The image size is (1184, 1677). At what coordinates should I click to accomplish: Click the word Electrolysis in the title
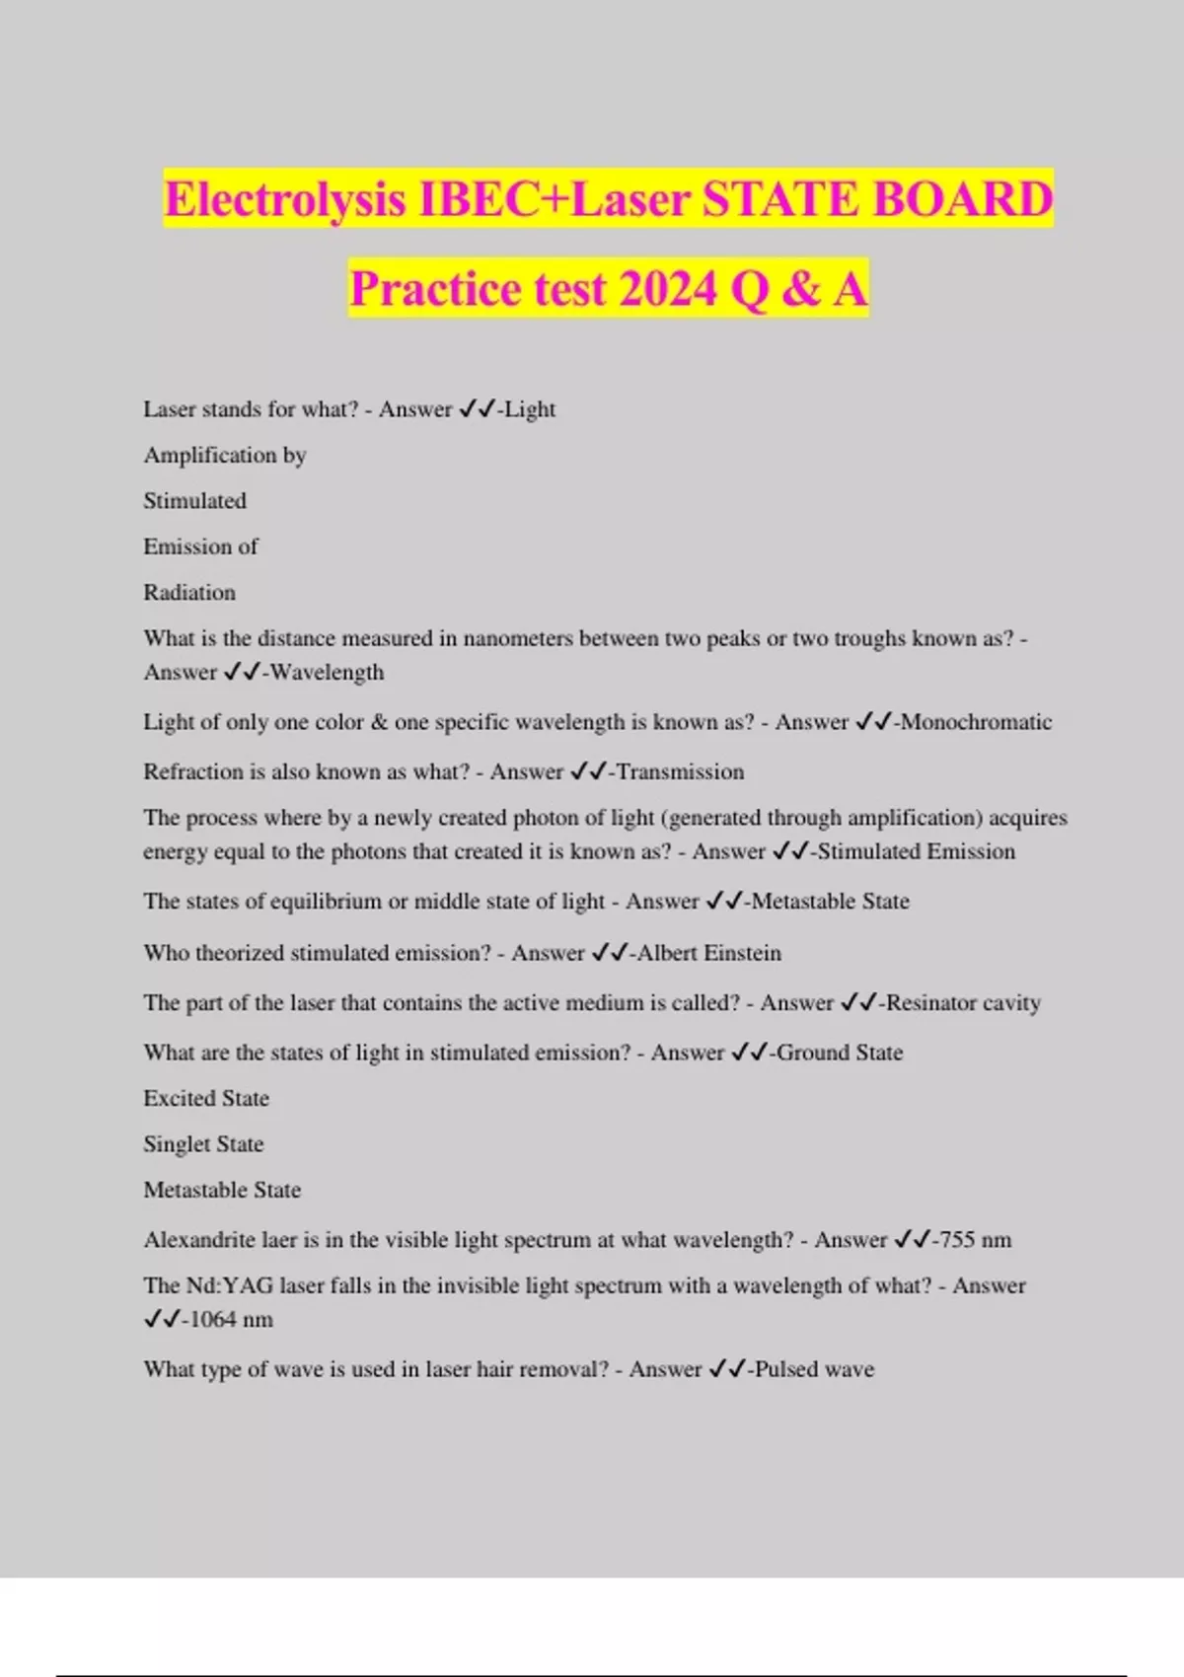[285, 199]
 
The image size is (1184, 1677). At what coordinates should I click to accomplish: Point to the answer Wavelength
[327, 673]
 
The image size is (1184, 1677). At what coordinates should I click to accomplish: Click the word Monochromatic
[976, 722]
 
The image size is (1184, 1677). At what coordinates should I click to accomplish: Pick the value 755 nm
[976, 1240]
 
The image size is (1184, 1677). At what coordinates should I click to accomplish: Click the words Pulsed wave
[814, 1369]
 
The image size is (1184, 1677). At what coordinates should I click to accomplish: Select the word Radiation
[189, 593]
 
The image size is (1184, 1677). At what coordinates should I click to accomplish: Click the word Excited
[179, 1098]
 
